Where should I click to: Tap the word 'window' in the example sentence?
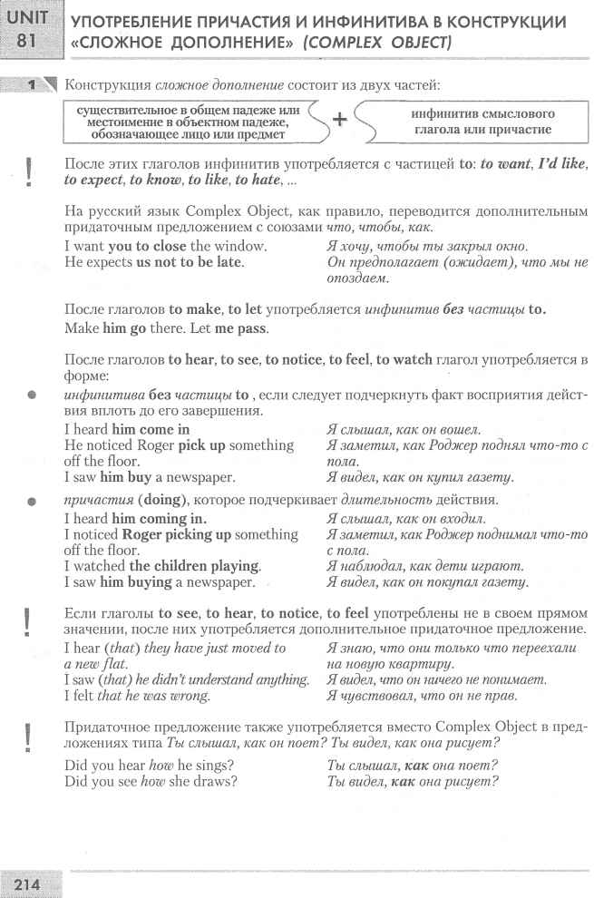245,247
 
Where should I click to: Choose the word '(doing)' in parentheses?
160,501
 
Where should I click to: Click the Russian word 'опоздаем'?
354,279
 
